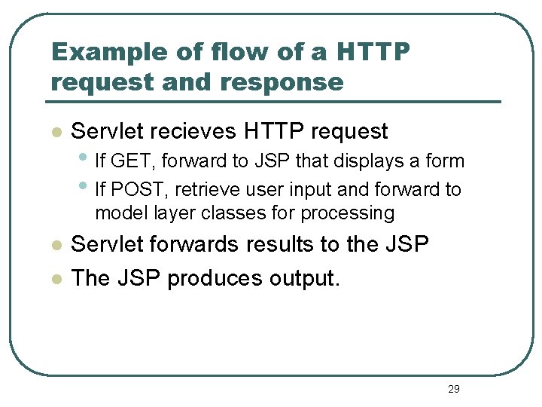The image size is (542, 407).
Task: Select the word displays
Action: pos(364,161)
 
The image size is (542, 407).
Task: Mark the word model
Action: pos(118,213)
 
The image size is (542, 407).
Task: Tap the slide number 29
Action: pos(453,389)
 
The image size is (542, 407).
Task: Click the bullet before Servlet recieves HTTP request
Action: pos(54,133)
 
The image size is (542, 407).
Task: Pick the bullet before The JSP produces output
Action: pos(54,280)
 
